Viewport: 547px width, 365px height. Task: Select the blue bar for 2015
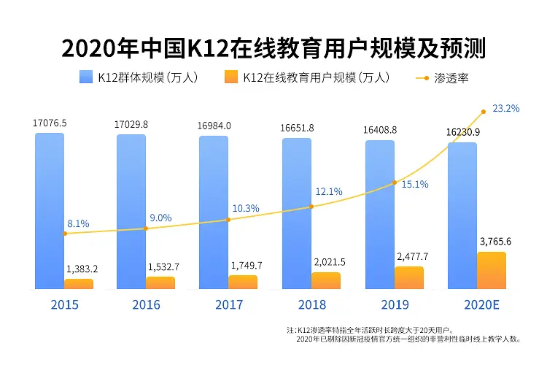[x=49, y=204]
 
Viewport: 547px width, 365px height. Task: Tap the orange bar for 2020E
[x=491, y=270]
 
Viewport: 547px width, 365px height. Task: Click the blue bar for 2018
[x=297, y=208]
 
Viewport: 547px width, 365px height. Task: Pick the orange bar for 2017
[x=243, y=282]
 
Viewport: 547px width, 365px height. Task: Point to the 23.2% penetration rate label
[x=505, y=109]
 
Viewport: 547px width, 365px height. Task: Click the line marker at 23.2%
[x=483, y=112]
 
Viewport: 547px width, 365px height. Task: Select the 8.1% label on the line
[x=77, y=223]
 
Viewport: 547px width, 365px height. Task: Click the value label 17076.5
[x=50, y=123]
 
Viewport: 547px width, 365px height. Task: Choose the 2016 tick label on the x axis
[x=146, y=305]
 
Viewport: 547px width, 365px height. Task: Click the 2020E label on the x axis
[x=481, y=305]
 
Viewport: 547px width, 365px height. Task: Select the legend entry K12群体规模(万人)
[x=139, y=77]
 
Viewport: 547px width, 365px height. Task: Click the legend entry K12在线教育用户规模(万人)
[x=306, y=77]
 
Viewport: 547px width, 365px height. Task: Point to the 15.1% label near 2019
[x=414, y=185]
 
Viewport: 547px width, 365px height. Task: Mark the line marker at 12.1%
[x=311, y=207]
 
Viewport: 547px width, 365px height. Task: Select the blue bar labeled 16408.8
[x=380, y=212]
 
